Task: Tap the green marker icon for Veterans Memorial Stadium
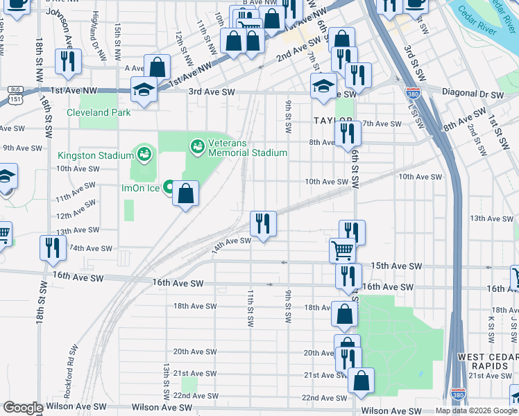click(198, 146)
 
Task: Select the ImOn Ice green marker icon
click(170, 187)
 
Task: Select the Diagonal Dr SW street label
click(476, 94)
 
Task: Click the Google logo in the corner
click(23, 408)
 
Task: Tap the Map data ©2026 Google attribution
click(476, 410)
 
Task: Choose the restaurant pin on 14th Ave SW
click(263, 224)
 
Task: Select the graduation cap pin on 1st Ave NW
click(144, 89)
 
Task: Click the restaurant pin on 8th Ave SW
click(347, 133)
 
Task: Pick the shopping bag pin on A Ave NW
click(158, 68)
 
